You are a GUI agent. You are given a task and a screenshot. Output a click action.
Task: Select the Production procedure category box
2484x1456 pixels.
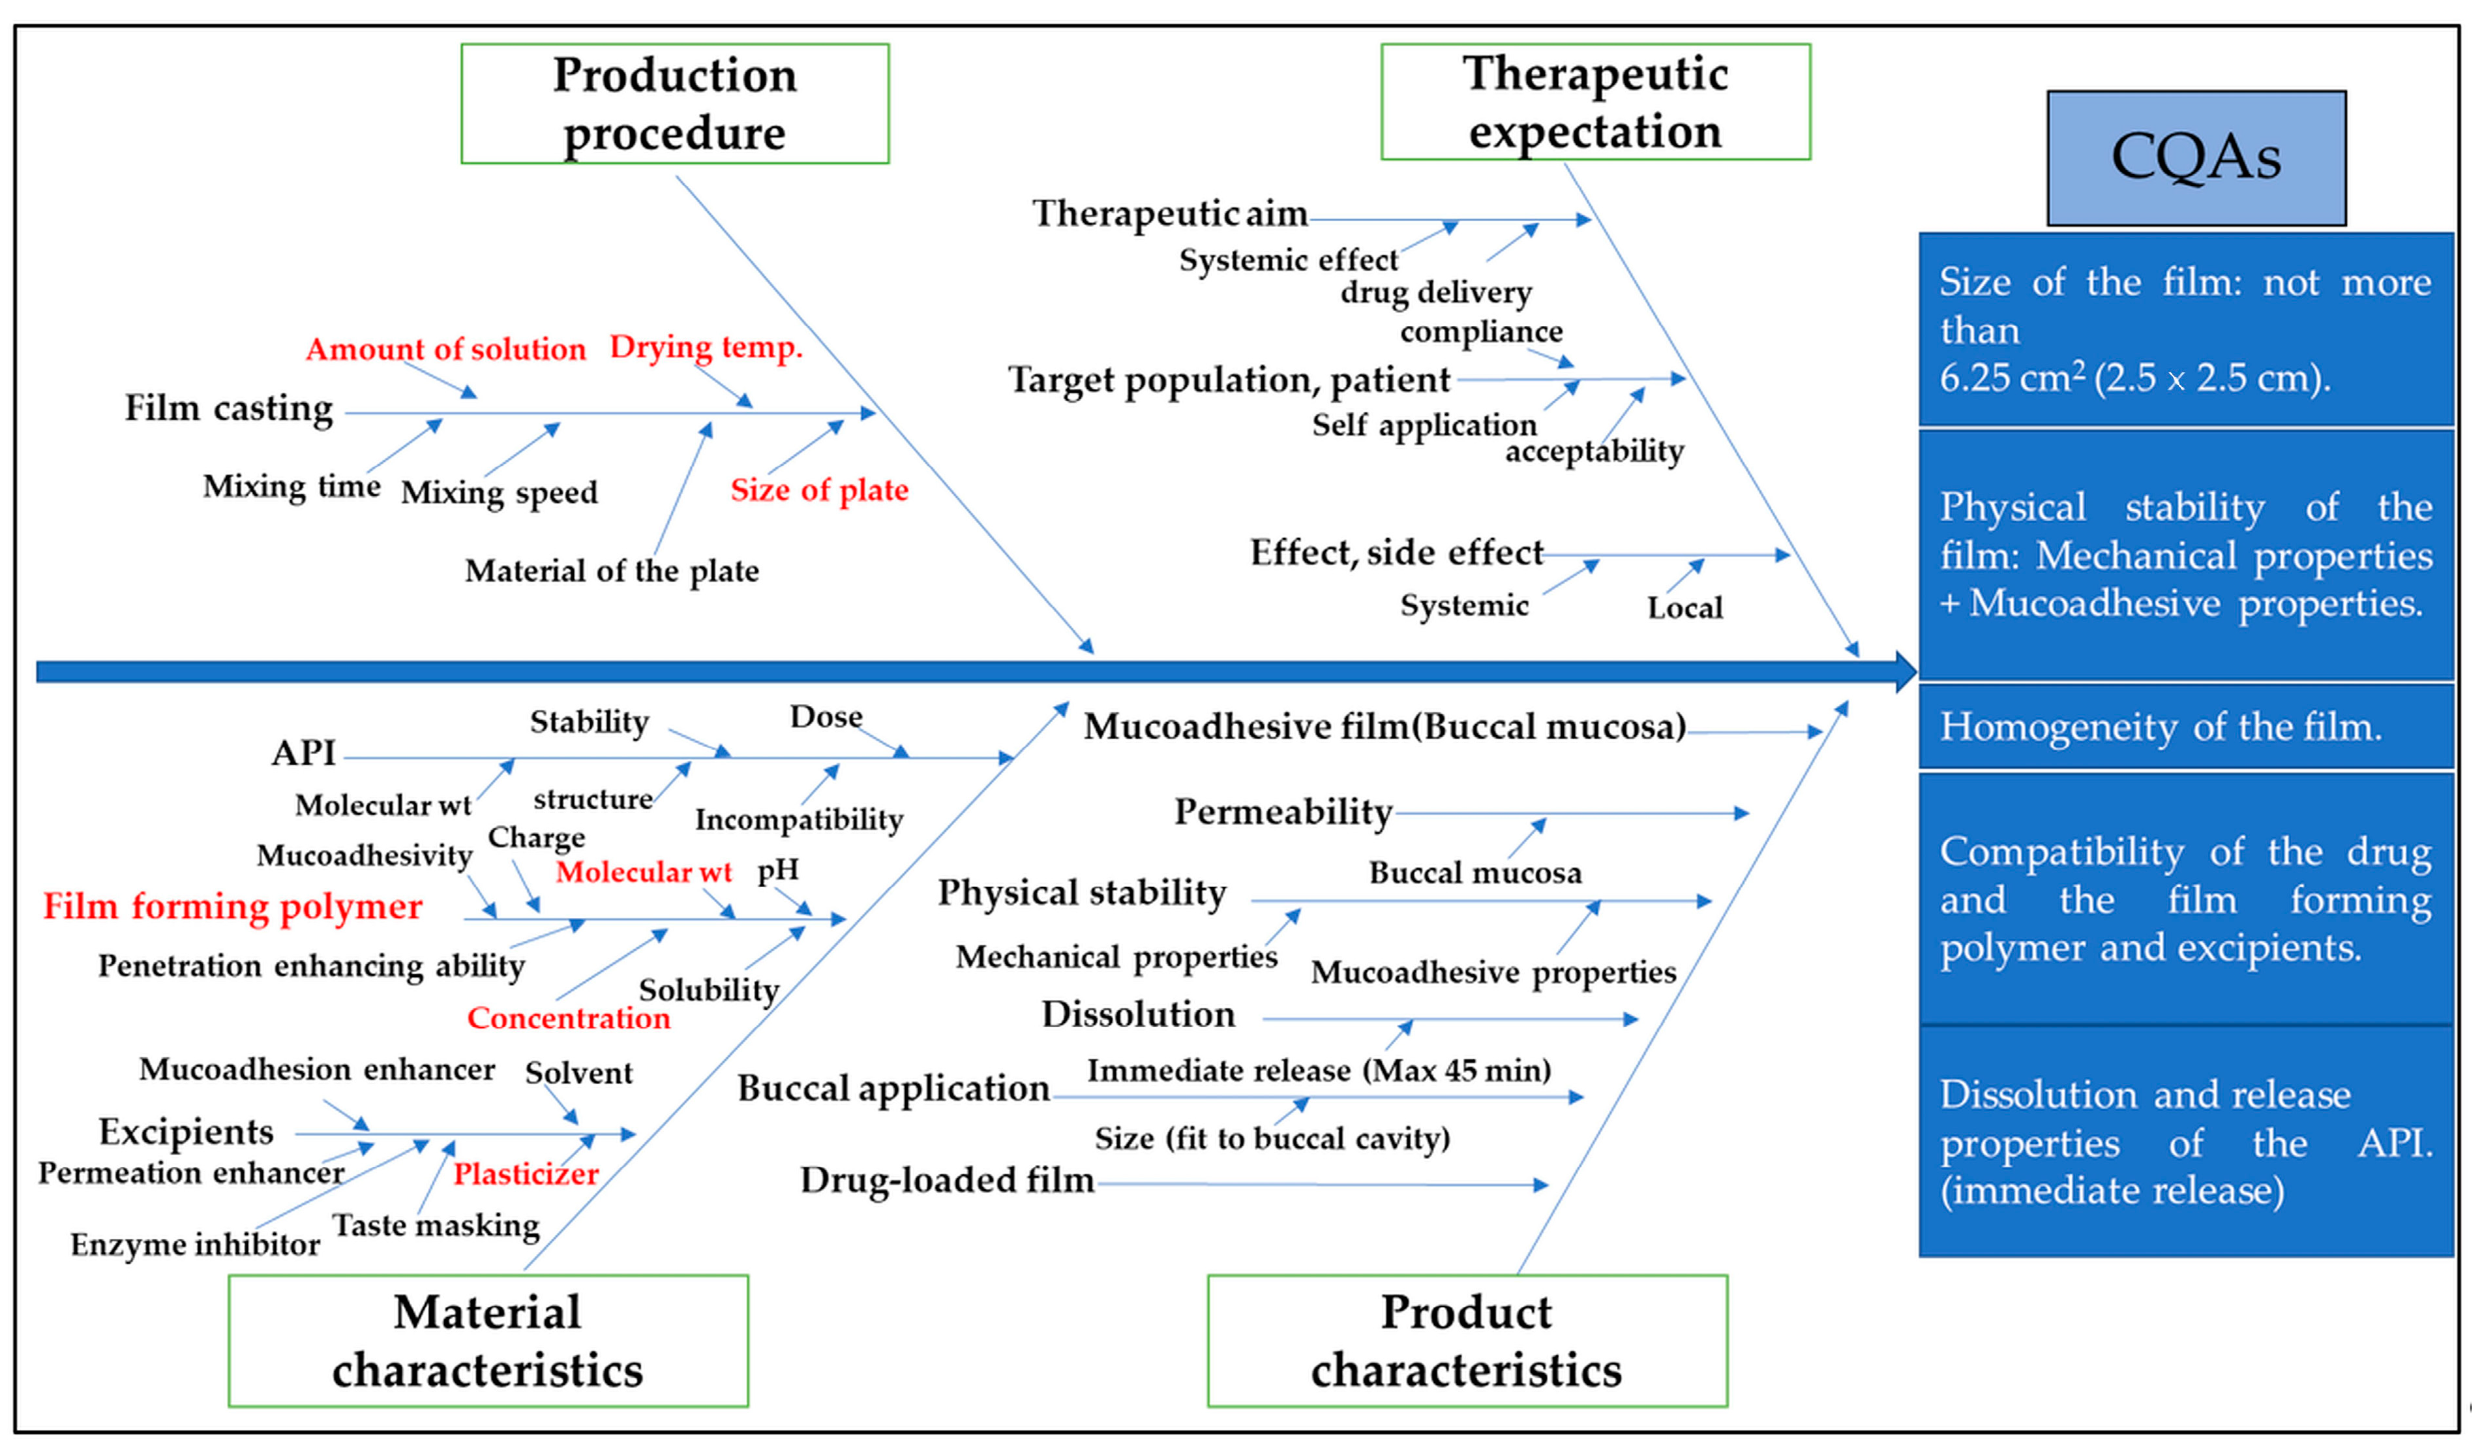coord(674,104)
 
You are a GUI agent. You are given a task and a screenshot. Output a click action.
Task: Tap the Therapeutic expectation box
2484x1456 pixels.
coord(1595,102)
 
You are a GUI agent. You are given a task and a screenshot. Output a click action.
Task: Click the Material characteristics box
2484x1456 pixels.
coord(488,1340)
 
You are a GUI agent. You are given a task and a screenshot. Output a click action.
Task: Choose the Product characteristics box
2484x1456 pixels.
coord(1466,1340)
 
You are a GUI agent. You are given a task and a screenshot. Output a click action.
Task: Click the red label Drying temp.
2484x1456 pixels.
coord(706,347)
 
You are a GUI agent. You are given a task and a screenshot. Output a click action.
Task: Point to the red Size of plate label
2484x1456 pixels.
coord(819,490)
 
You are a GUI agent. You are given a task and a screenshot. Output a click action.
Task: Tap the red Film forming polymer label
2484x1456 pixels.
coord(233,906)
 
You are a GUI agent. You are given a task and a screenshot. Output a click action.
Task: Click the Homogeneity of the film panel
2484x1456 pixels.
coord(2185,727)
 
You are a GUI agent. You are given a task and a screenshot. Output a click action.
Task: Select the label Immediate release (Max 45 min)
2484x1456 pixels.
coord(1319,1070)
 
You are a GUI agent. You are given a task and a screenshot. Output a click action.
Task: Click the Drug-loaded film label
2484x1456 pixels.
coord(946,1180)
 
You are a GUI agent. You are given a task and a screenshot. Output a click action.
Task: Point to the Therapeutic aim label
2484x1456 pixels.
coord(1169,213)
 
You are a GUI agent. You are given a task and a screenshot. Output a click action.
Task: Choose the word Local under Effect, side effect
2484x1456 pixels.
coord(1684,607)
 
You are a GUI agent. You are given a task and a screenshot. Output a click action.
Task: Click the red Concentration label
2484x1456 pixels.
coord(569,1018)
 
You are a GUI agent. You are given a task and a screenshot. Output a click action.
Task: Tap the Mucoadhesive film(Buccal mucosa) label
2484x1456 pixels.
coord(1384,727)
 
